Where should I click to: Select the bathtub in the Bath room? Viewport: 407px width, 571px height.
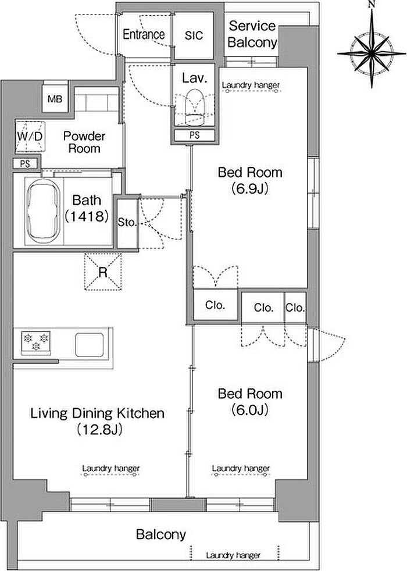[x=44, y=212]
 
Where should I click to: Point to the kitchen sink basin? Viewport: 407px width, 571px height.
[x=90, y=345]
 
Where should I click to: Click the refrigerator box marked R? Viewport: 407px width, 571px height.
[x=103, y=272]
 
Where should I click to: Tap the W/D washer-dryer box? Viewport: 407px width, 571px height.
[x=30, y=136]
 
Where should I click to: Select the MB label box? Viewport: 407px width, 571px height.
[x=55, y=99]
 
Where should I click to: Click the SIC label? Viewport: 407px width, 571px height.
[x=194, y=35]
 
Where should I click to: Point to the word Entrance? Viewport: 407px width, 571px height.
[x=144, y=34]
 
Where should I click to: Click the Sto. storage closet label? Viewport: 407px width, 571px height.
[x=127, y=222]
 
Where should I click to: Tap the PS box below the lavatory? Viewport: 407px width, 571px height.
[x=194, y=135]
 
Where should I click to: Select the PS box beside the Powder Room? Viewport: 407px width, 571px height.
[x=25, y=164]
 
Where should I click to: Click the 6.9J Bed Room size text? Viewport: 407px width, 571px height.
[x=250, y=188]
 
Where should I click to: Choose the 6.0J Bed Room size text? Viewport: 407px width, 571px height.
[x=250, y=410]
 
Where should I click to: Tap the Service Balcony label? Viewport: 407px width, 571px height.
[x=252, y=34]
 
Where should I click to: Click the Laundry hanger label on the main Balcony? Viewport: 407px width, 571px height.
[x=233, y=555]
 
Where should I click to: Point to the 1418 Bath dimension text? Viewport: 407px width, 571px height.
[x=87, y=216]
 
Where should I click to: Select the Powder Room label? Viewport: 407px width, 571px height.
[x=84, y=142]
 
